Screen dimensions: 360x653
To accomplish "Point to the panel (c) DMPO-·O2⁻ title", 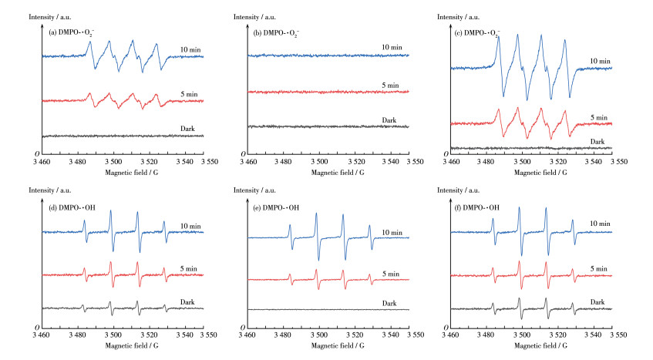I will (480, 32).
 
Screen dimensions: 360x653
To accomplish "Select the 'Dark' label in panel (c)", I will (598, 141).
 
